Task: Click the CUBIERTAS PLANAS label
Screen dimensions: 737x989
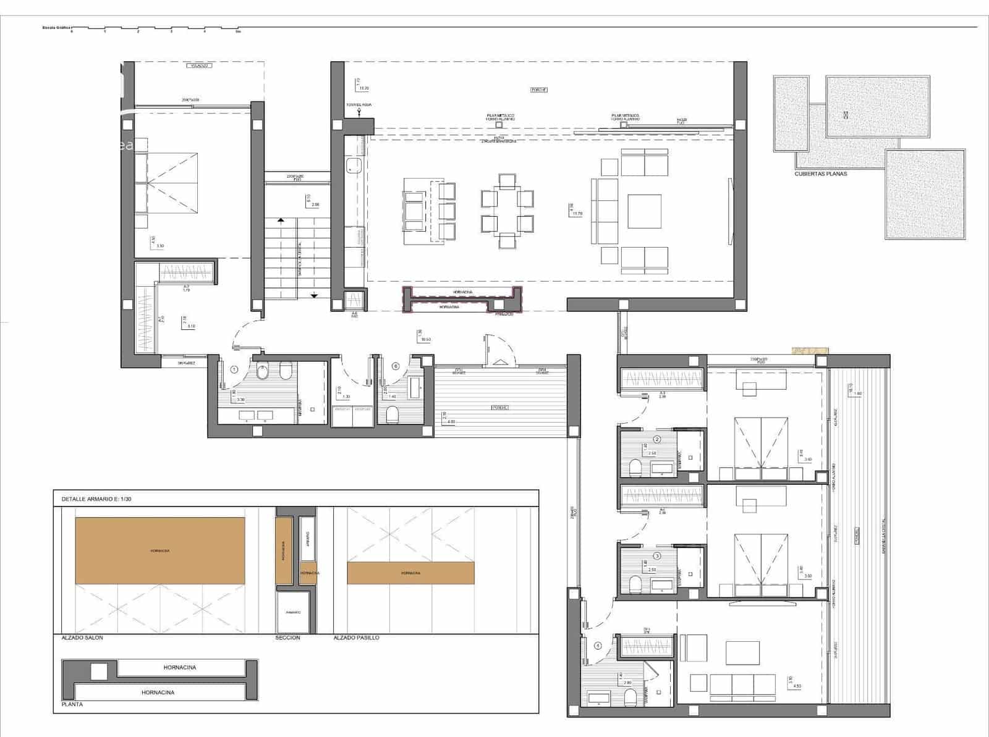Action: (x=821, y=174)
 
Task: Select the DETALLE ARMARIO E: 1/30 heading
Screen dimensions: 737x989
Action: (x=96, y=499)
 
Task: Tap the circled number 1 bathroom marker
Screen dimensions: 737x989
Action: (x=234, y=369)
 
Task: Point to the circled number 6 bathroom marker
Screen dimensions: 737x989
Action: (x=396, y=366)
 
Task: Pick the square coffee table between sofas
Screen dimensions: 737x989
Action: (x=644, y=211)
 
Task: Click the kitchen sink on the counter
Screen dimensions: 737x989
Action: (x=354, y=164)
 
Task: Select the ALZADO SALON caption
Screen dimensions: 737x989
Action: (x=83, y=638)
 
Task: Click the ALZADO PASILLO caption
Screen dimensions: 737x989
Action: (x=356, y=638)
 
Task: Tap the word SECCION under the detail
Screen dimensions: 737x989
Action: (x=287, y=638)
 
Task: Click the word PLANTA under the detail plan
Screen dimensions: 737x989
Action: (x=72, y=704)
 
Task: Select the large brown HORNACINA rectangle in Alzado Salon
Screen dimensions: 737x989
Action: (x=160, y=550)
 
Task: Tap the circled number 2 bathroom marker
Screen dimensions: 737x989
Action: (x=657, y=439)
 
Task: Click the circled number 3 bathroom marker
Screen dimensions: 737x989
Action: (x=657, y=555)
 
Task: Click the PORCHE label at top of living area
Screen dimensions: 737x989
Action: (x=539, y=90)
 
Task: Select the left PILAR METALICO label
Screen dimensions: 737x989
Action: (x=500, y=117)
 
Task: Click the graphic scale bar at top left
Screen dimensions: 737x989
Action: (x=155, y=28)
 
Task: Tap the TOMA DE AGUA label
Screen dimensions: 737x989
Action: (x=359, y=105)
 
